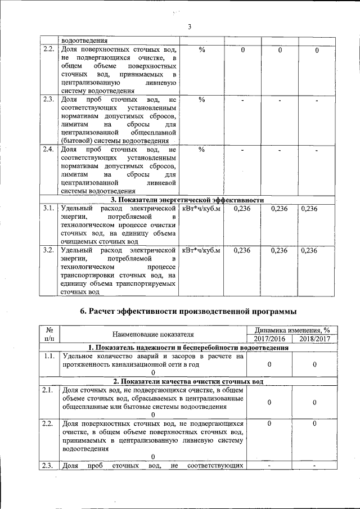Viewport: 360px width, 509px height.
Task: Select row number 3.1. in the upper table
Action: tap(48, 209)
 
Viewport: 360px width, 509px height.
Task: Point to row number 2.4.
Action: tap(48, 150)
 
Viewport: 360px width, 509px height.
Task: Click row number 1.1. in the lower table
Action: tap(48, 356)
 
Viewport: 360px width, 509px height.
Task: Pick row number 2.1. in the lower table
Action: tap(48, 390)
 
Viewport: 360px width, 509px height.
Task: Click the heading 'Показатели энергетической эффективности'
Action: tap(187, 200)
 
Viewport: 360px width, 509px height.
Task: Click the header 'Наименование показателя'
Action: tap(152, 335)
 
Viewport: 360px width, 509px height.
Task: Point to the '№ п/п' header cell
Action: tap(48, 335)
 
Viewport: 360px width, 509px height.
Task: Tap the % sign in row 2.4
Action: tap(201, 150)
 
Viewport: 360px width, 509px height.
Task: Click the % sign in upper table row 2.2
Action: tap(201, 50)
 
